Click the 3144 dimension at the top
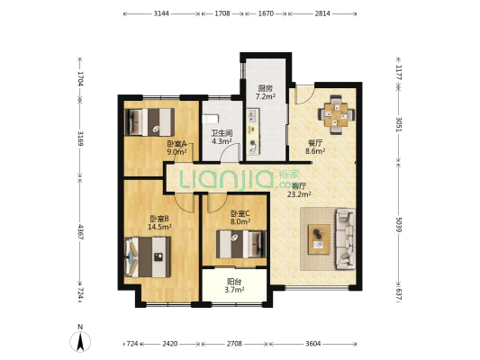(161, 13)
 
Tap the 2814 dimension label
(322, 13)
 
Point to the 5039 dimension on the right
(398, 224)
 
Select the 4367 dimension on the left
(80, 232)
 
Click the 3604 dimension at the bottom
(312, 344)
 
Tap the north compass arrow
(80, 341)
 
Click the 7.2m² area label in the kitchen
(265, 96)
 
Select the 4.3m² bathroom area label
(222, 141)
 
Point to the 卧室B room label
(159, 219)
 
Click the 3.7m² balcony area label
(234, 290)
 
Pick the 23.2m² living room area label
(299, 193)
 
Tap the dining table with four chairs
(336, 115)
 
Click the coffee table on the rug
(319, 239)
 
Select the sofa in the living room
(345, 238)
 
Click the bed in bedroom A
(149, 122)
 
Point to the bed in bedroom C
(241, 244)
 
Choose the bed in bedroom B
(148, 257)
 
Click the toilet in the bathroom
(211, 119)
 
